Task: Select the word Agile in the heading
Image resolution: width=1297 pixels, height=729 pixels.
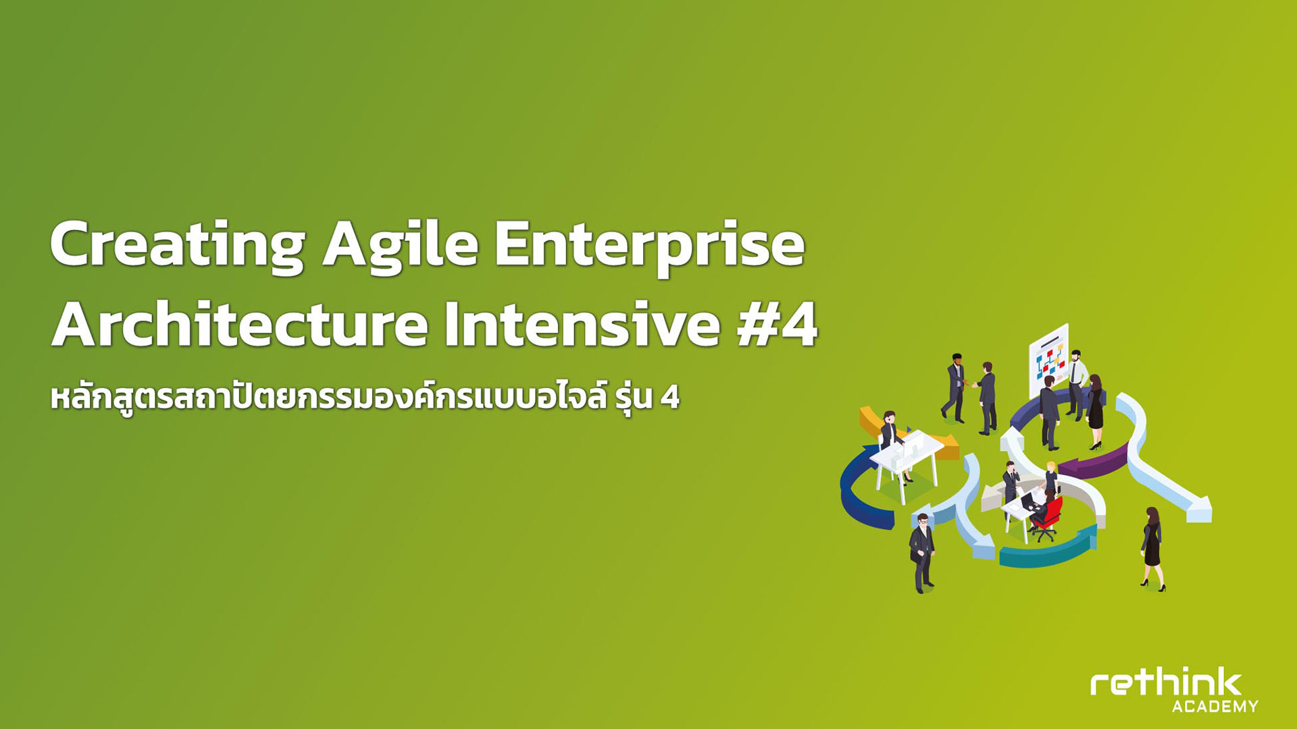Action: [401, 246]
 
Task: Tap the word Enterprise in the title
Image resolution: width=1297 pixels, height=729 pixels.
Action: [650, 246]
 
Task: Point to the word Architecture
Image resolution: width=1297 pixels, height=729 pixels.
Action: [240, 325]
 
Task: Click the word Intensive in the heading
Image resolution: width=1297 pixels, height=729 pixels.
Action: [582, 325]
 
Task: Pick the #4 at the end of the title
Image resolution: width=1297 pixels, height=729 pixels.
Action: [777, 325]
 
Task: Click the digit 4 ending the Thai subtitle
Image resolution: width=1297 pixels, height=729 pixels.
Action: [669, 398]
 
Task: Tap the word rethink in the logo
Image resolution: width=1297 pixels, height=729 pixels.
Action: [1166, 683]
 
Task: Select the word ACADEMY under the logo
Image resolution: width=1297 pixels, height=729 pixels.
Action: [1215, 707]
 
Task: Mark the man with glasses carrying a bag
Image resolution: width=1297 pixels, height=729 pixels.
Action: [922, 553]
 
